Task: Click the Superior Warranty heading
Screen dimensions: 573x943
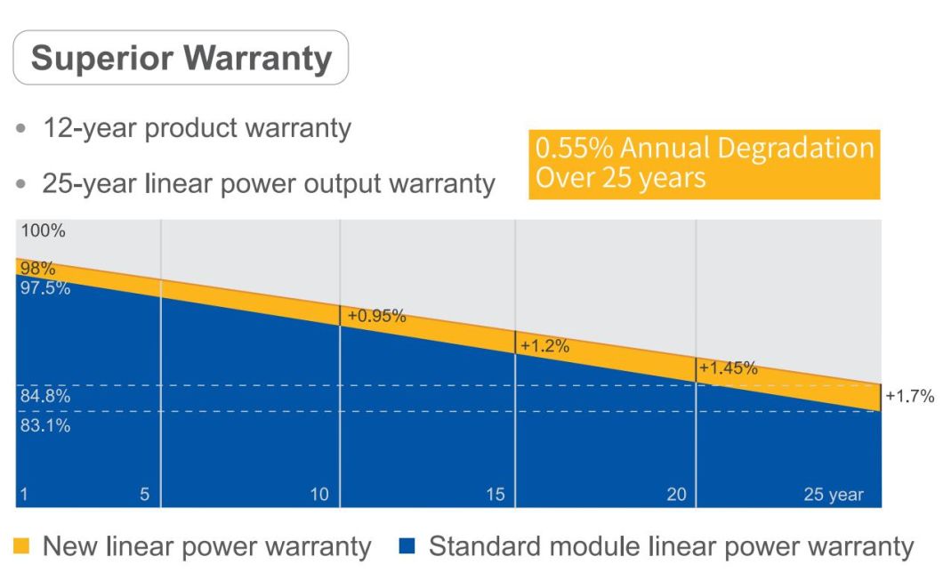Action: [181, 59]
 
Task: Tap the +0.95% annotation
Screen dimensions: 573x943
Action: [376, 315]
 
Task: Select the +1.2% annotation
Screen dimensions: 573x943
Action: [544, 346]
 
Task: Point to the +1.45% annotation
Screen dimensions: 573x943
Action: [728, 367]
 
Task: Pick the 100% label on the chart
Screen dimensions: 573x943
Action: [44, 231]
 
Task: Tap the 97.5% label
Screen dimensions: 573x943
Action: [45, 287]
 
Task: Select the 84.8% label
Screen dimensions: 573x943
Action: [45, 397]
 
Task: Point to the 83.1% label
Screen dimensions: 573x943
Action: [45, 425]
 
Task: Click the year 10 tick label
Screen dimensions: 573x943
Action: [319, 495]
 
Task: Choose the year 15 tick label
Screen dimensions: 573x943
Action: [495, 495]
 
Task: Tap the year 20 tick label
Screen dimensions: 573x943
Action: [676, 495]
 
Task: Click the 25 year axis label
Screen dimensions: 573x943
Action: [833, 495]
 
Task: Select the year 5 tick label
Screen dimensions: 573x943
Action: [144, 495]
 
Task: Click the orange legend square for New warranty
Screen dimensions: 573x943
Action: [23, 545]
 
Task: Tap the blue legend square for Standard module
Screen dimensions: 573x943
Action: [408, 545]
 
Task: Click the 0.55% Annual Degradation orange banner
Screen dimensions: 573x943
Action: [704, 163]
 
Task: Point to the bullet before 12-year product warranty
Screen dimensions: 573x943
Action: [22, 130]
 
